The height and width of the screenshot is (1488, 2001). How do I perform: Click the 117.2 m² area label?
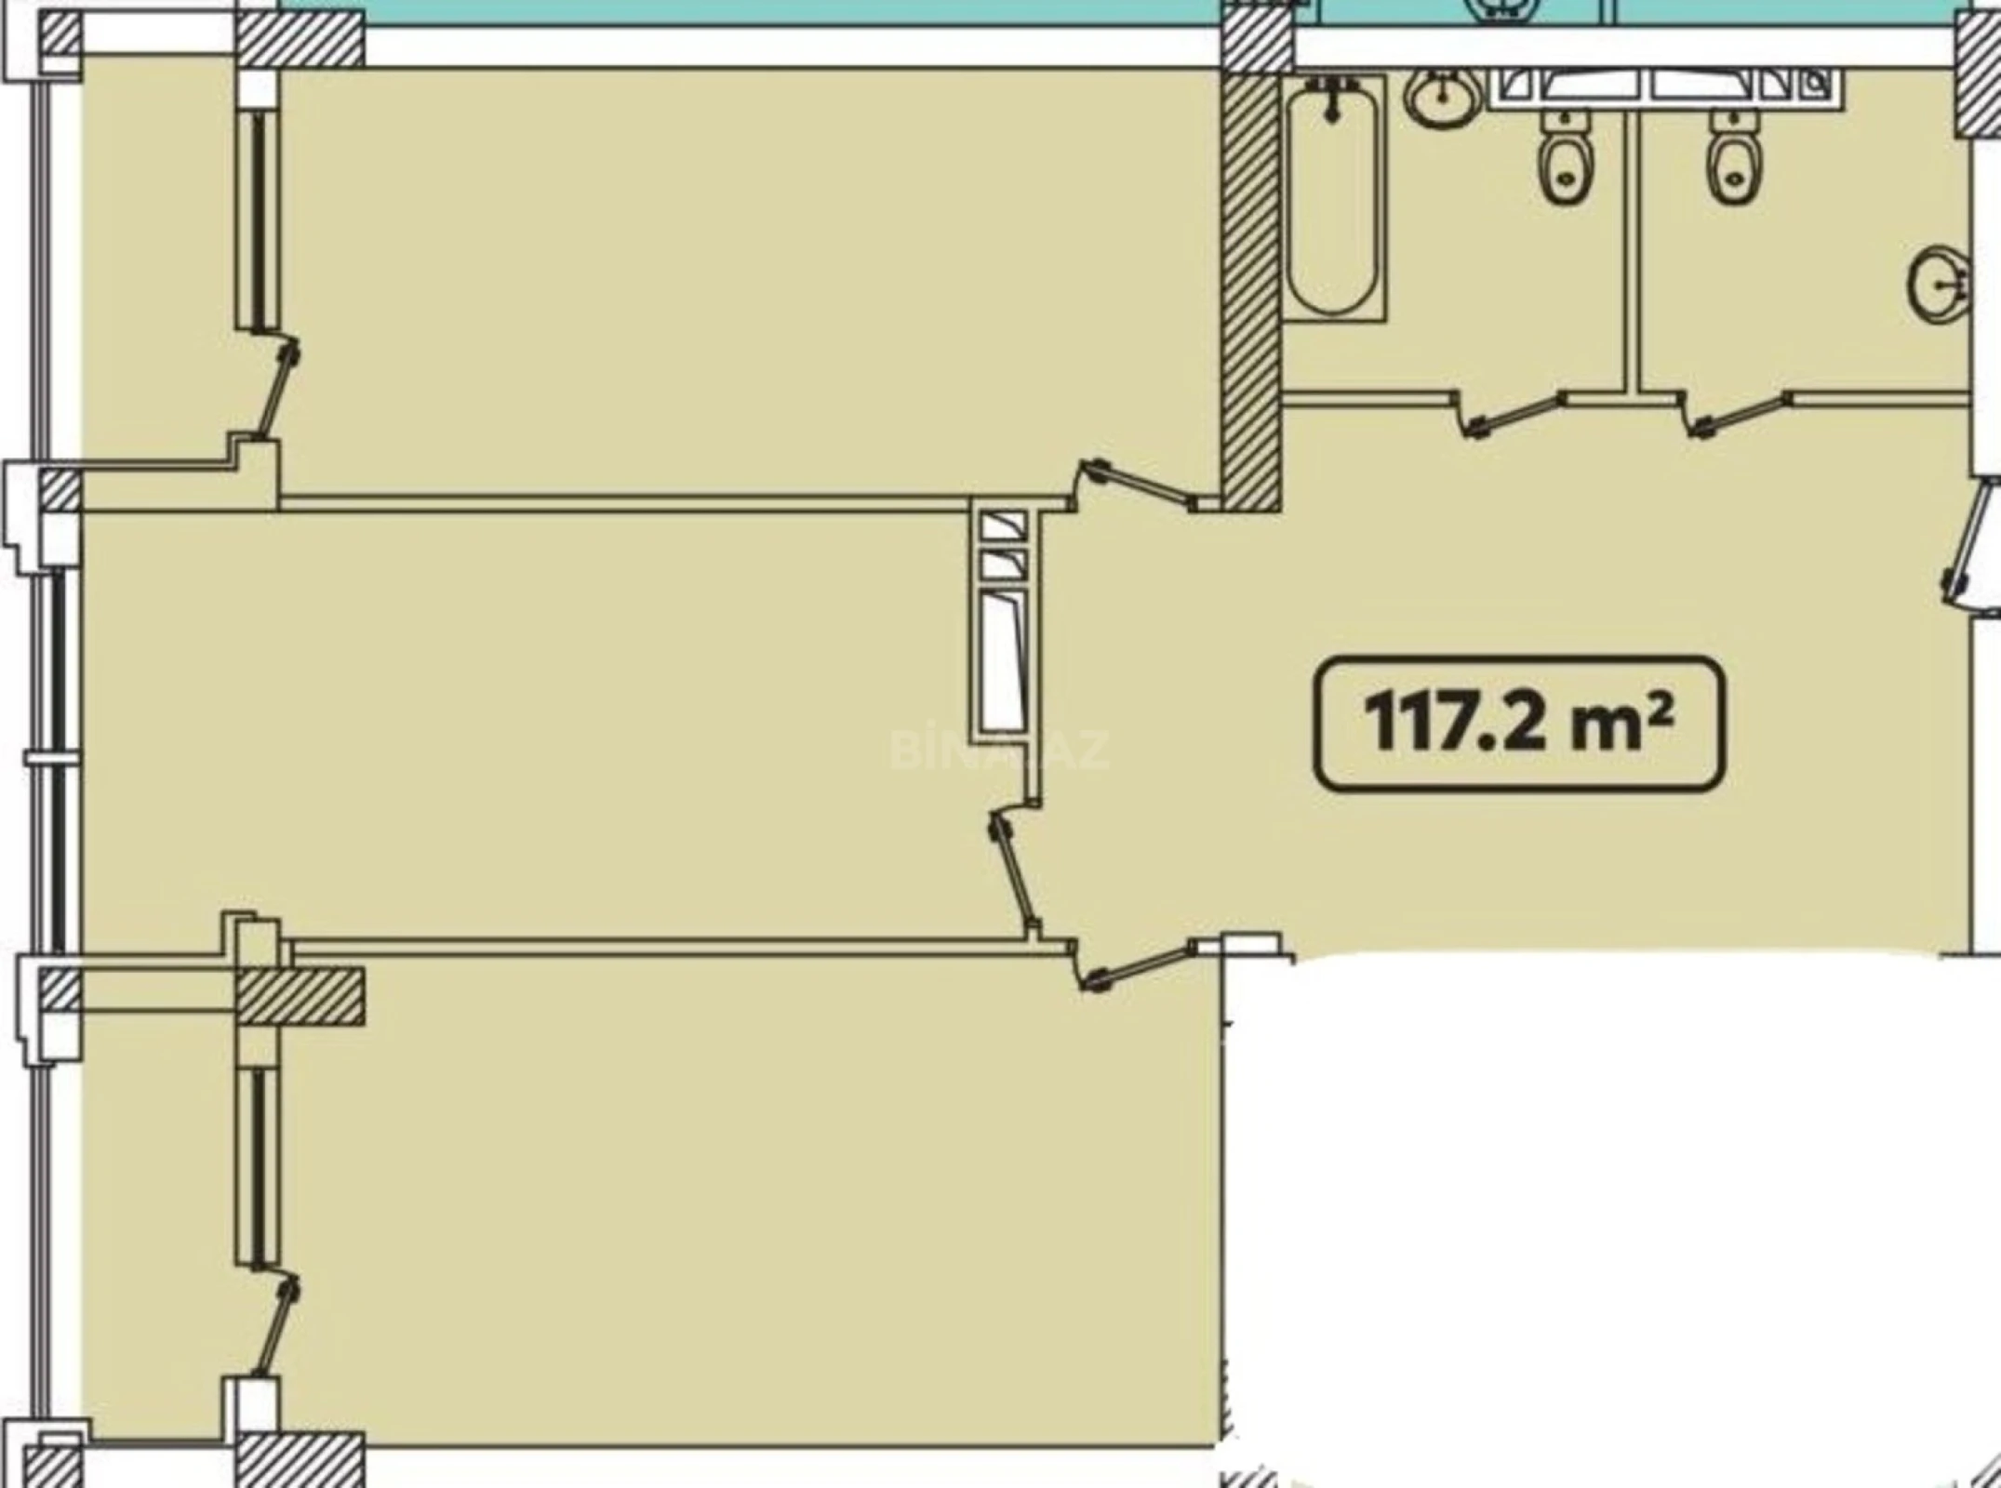click(1518, 724)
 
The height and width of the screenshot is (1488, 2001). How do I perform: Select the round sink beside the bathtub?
click(1441, 98)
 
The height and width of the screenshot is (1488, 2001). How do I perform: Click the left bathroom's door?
click(1514, 415)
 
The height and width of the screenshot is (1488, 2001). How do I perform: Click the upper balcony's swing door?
click(278, 391)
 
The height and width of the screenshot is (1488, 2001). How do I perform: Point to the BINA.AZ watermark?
click(999, 750)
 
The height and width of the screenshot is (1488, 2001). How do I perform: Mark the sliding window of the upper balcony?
click(257, 219)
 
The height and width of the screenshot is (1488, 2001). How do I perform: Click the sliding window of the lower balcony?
click(257, 1167)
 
